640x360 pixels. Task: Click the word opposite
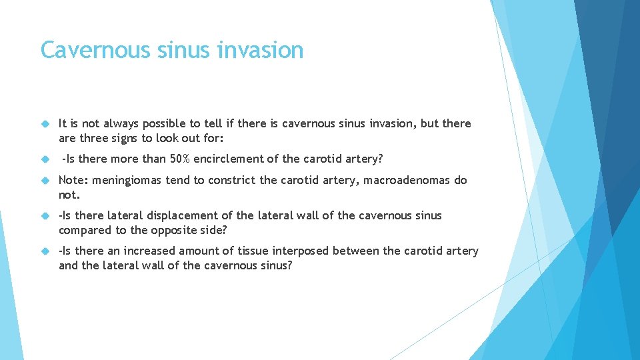(188, 230)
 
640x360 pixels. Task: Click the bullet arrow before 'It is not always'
(45, 123)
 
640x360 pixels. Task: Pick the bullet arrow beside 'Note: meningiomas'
(45, 180)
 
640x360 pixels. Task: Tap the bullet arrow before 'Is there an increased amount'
(45, 251)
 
